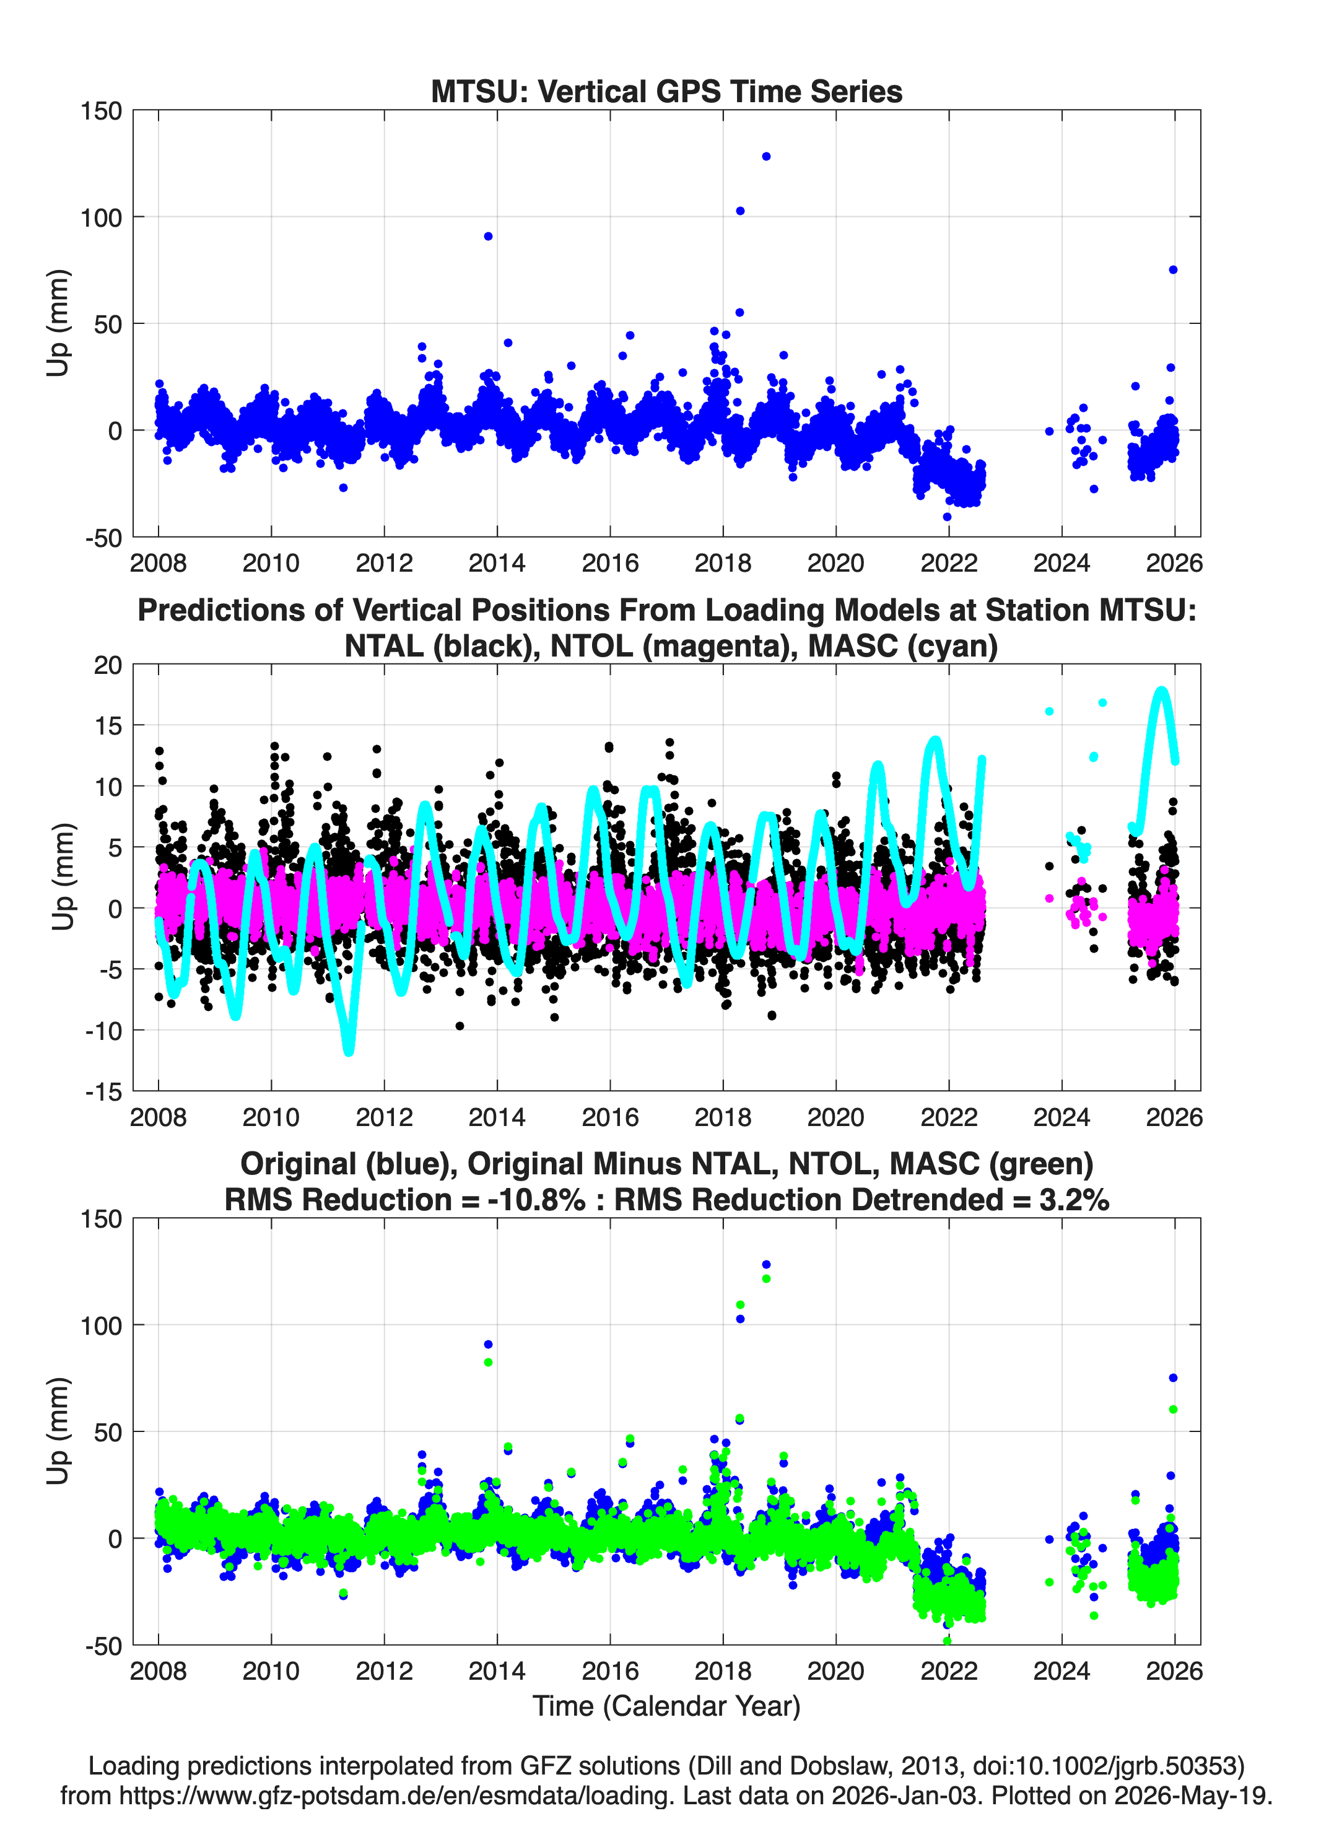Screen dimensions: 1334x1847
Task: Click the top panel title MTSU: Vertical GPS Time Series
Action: point(666,91)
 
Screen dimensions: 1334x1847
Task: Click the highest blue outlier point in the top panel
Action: point(765,156)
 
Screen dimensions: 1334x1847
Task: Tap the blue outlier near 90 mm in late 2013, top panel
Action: point(488,236)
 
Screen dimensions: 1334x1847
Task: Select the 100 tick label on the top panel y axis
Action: point(100,217)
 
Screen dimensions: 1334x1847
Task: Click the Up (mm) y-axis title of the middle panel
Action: point(63,876)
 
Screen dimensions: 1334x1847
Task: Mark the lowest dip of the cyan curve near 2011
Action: point(349,1050)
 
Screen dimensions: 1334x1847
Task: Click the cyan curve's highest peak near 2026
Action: point(1162,692)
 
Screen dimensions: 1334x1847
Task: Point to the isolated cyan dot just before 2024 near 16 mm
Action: point(1049,711)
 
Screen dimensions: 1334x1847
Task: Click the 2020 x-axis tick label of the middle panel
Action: point(835,1117)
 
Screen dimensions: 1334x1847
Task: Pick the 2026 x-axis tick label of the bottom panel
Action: point(1174,1670)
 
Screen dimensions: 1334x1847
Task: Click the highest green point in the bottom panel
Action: point(765,1278)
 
